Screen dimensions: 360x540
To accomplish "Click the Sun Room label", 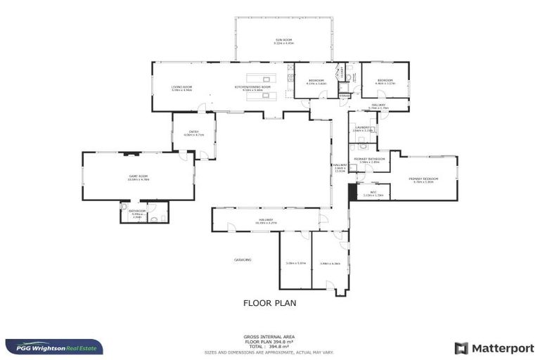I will (283, 40).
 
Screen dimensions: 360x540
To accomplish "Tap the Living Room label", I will (181, 87).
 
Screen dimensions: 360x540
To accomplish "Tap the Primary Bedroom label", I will (423, 179).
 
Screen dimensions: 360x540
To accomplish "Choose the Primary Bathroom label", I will (370, 160).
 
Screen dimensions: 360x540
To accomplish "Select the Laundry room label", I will (362, 128).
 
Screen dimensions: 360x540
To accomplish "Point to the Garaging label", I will (243, 259).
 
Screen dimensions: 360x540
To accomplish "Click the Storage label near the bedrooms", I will (344, 95).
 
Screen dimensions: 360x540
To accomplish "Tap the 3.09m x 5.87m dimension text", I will (295, 264).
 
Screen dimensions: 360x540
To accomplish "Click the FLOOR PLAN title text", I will (269, 303).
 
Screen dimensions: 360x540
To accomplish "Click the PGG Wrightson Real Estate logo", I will (54, 347).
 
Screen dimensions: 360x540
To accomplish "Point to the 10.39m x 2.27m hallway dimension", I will (265, 223).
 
